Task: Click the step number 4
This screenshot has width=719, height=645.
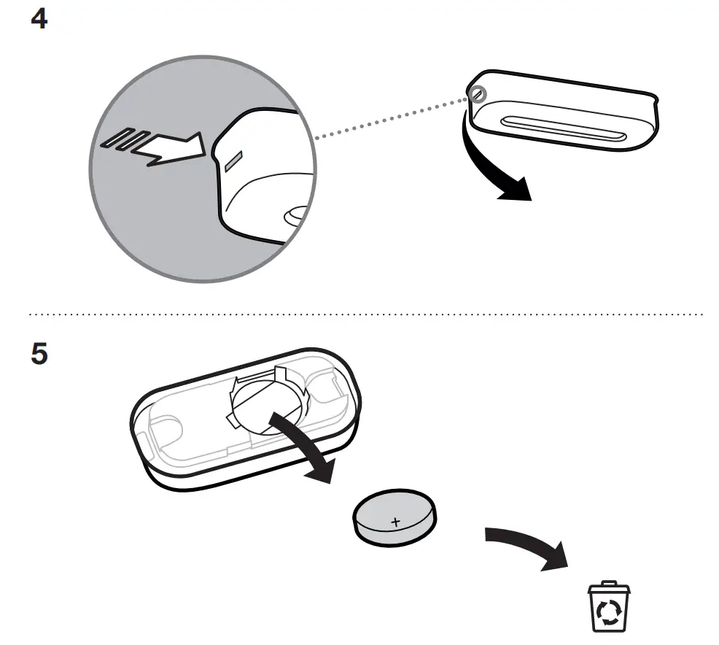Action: pyautogui.click(x=39, y=19)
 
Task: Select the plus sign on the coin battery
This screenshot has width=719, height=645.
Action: pyautogui.click(x=396, y=522)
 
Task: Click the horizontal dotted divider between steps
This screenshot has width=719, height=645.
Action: pyautogui.click(x=365, y=314)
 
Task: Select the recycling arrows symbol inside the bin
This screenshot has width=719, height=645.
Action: pyautogui.click(x=609, y=611)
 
